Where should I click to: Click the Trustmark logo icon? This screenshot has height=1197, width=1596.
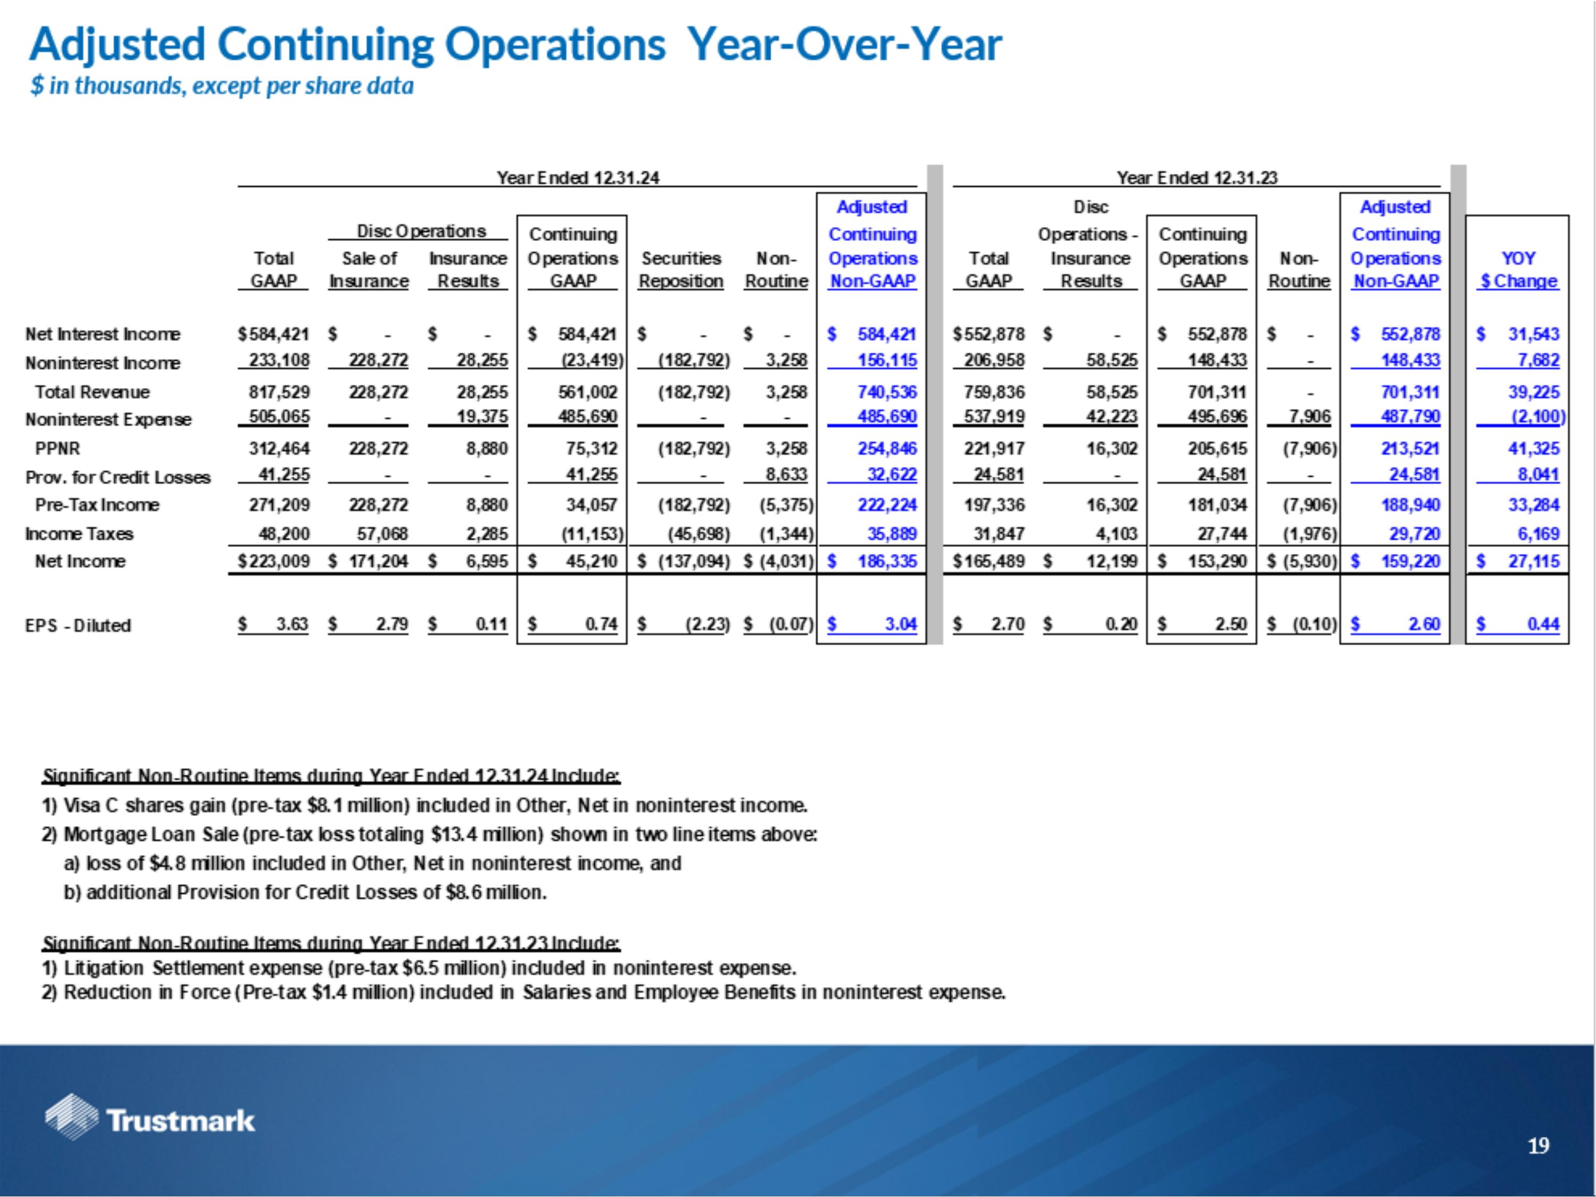coord(71,1116)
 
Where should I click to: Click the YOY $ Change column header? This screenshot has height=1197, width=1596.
coord(1518,270)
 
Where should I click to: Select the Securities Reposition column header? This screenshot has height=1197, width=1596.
coord(680,270)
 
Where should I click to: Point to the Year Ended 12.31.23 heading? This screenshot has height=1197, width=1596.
coord(1197,178)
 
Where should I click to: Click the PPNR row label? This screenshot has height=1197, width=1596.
coord(57,449)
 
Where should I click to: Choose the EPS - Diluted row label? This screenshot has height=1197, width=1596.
coord(78,626)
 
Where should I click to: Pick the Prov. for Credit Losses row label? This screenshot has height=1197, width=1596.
coord(118,478)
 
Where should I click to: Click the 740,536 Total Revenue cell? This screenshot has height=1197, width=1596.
coord(887,393)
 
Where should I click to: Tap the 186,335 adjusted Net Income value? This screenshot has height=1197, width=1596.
coord(887,561)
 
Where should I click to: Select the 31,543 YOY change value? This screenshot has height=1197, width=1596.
coord(1533,334)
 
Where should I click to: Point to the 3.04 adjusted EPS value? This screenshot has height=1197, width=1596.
coord(901,624)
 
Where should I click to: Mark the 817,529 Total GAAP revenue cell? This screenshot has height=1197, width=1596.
coord(279,393)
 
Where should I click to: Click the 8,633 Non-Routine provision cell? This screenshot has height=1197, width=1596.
coord(786,474)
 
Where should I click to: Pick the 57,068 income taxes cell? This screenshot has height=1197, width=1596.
coord(378,534)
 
